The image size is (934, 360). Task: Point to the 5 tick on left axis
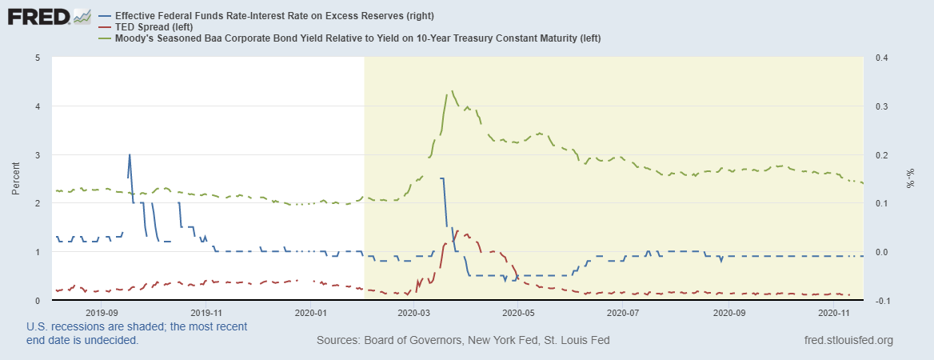(x=38, y=58)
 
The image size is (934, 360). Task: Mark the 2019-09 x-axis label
(x=102, y=313)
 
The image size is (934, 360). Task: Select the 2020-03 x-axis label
(x=413, y=313)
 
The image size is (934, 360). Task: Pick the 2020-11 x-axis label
(x=832, y=313)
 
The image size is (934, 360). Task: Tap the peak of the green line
(x=453, y=91)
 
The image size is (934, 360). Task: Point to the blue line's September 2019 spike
(x=130, y=155)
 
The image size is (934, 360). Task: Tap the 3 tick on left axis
(x=38, y=154)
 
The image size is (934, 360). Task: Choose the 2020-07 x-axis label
(x=623, y=313)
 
